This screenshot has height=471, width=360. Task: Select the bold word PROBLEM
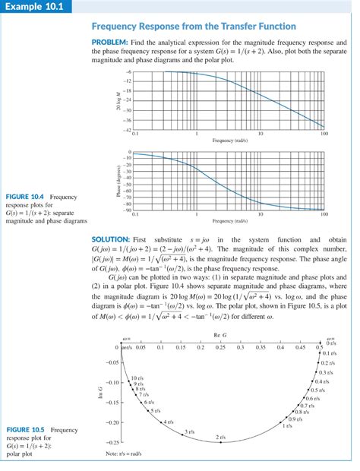click(x=110, y=40)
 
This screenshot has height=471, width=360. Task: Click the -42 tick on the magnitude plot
click(x=128, y=130)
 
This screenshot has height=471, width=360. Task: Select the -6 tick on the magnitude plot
click(x=128, y=71)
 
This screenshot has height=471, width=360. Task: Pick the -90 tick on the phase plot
click(x=127, y=210)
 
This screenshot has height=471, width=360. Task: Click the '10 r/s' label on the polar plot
click(x=137, y=378)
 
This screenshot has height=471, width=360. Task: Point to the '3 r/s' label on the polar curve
click(x=190, y=432)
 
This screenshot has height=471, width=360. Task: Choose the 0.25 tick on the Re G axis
click(x=220, y=347)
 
